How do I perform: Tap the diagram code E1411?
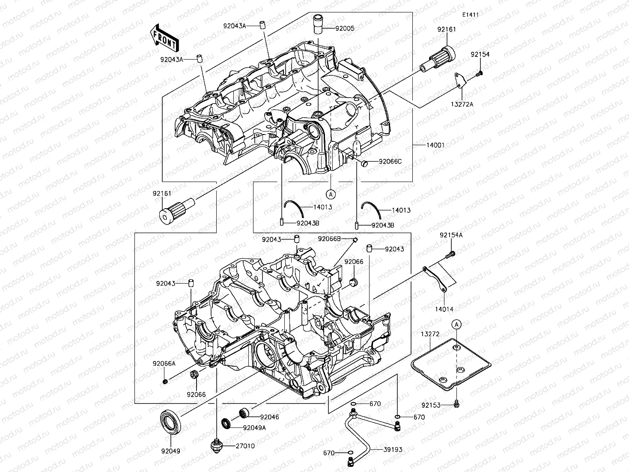click(x=470, y=15)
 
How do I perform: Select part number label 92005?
click(x=345, y=29)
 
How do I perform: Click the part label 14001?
click(x=435, y=145)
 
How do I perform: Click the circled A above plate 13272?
click(x=457, y=324)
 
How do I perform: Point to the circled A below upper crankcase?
click(x=330, y=194)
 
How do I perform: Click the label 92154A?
click(x=451, y=235)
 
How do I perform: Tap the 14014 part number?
click(x=444, y=309)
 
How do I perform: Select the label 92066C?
click(x=390, y=161)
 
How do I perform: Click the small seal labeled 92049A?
click(x=227, y=424)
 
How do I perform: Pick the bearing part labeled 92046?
click(x=244, y=413)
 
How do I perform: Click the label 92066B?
click(x=329, y=239)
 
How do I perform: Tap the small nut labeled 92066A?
click(x=165, y=381)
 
